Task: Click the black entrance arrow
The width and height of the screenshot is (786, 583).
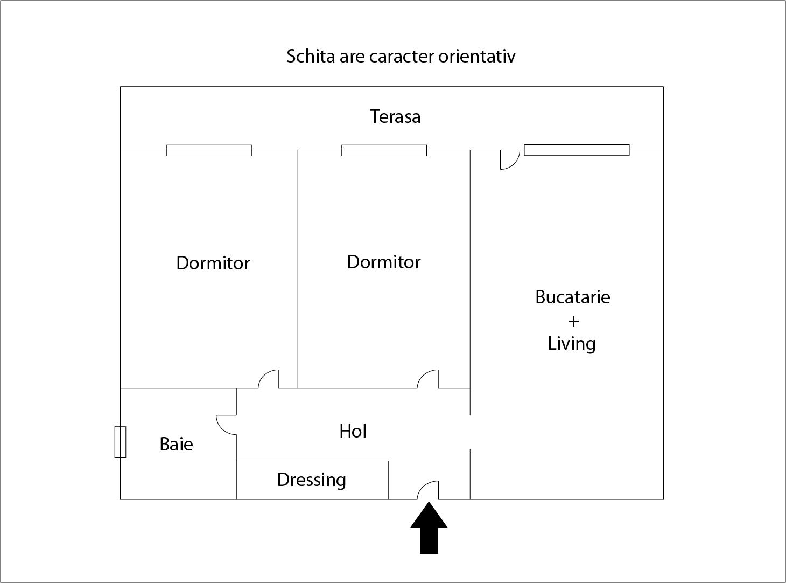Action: point(429,528)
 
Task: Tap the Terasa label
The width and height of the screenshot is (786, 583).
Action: point(395,116)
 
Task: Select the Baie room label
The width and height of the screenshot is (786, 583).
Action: point(176,444)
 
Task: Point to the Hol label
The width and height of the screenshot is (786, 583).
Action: point(353,431)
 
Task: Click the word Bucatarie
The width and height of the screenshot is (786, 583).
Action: point(573,297)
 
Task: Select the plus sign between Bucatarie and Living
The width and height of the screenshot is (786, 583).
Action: point(573,321)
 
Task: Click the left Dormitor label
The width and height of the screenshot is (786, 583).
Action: point(213,263)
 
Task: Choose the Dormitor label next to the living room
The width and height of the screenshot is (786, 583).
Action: point(384,262)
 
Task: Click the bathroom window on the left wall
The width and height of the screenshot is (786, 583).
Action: point(120,442)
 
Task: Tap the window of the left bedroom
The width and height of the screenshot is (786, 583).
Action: point(209,150)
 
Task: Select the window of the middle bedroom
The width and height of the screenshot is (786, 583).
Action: point(384,150)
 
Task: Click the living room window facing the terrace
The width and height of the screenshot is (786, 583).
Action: point(577,150)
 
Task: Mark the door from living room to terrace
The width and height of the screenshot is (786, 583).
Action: point(510,159)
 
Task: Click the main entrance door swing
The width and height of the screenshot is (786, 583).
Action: point(428,490)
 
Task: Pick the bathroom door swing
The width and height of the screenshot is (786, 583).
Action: point(227,425)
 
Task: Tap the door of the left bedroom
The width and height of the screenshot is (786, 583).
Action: point(268,379)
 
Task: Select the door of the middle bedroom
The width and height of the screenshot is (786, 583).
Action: point(428,379)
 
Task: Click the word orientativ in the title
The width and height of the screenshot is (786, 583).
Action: point(476,57)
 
